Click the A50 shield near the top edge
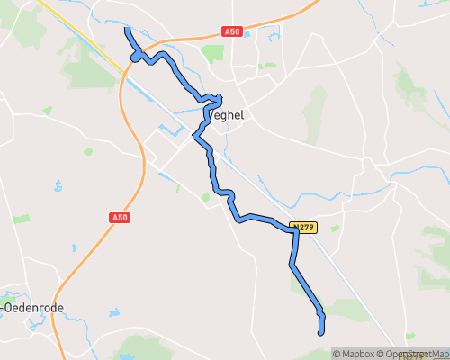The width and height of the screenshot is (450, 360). tap(232, 31)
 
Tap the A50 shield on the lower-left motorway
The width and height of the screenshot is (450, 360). tap(121, 218)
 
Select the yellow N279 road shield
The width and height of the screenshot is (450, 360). tap(304, 228)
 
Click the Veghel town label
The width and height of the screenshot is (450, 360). tap(226, 115)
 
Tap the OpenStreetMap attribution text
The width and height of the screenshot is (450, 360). tap(415, 354)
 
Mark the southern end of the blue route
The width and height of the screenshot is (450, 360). tap(321, 333)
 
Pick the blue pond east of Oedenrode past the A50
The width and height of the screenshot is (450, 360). tap(113, 314)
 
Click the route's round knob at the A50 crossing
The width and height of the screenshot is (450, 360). tap(137, 57)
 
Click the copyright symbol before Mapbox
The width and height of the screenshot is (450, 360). tap(337, 354)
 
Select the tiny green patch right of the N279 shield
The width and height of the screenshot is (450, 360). tap(335, 229)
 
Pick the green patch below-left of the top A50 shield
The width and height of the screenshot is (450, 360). tap(212, 53)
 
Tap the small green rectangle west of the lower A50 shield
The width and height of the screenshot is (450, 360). tap(21, 219)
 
